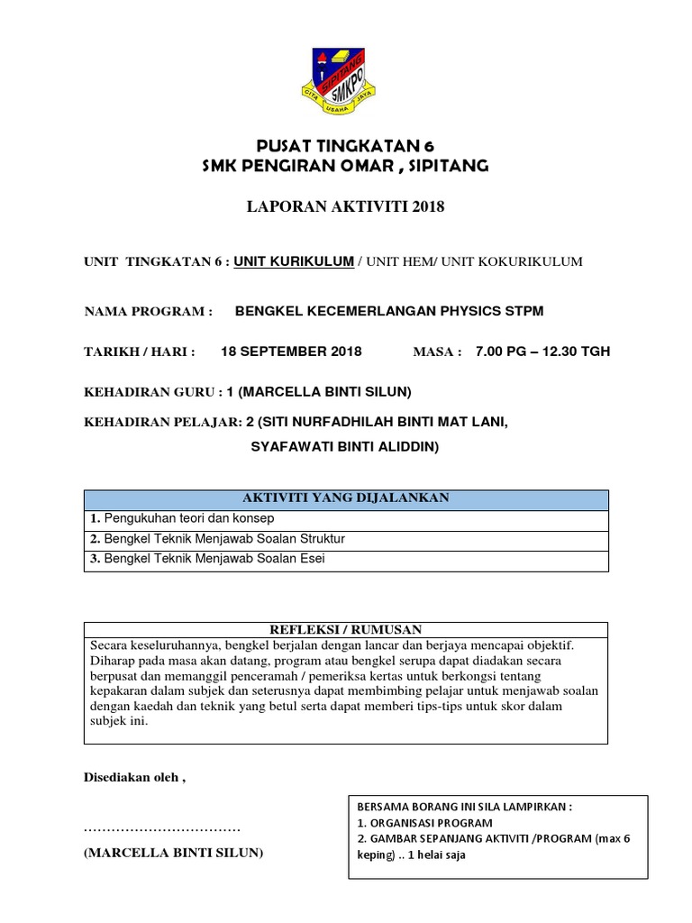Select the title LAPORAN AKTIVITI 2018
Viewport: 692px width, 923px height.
click(x=346, y=207)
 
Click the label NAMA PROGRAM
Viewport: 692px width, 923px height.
click(x=148, y=312)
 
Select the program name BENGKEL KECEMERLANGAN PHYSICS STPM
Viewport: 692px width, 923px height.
click(x=389, y=312)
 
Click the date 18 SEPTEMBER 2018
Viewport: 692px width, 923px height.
click(x=291, y=352)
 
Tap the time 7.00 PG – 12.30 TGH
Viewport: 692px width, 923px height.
click(x=542, y=352)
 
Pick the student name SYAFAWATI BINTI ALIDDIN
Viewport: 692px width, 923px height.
click(x=344, y=445)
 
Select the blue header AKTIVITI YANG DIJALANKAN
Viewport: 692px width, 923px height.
click(x=346, y=499)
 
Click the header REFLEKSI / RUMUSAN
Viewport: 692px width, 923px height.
click(x=346, y=629)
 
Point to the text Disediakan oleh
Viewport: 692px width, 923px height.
click(x=134, y=777)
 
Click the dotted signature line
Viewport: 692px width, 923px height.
click(x=162, y=827)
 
